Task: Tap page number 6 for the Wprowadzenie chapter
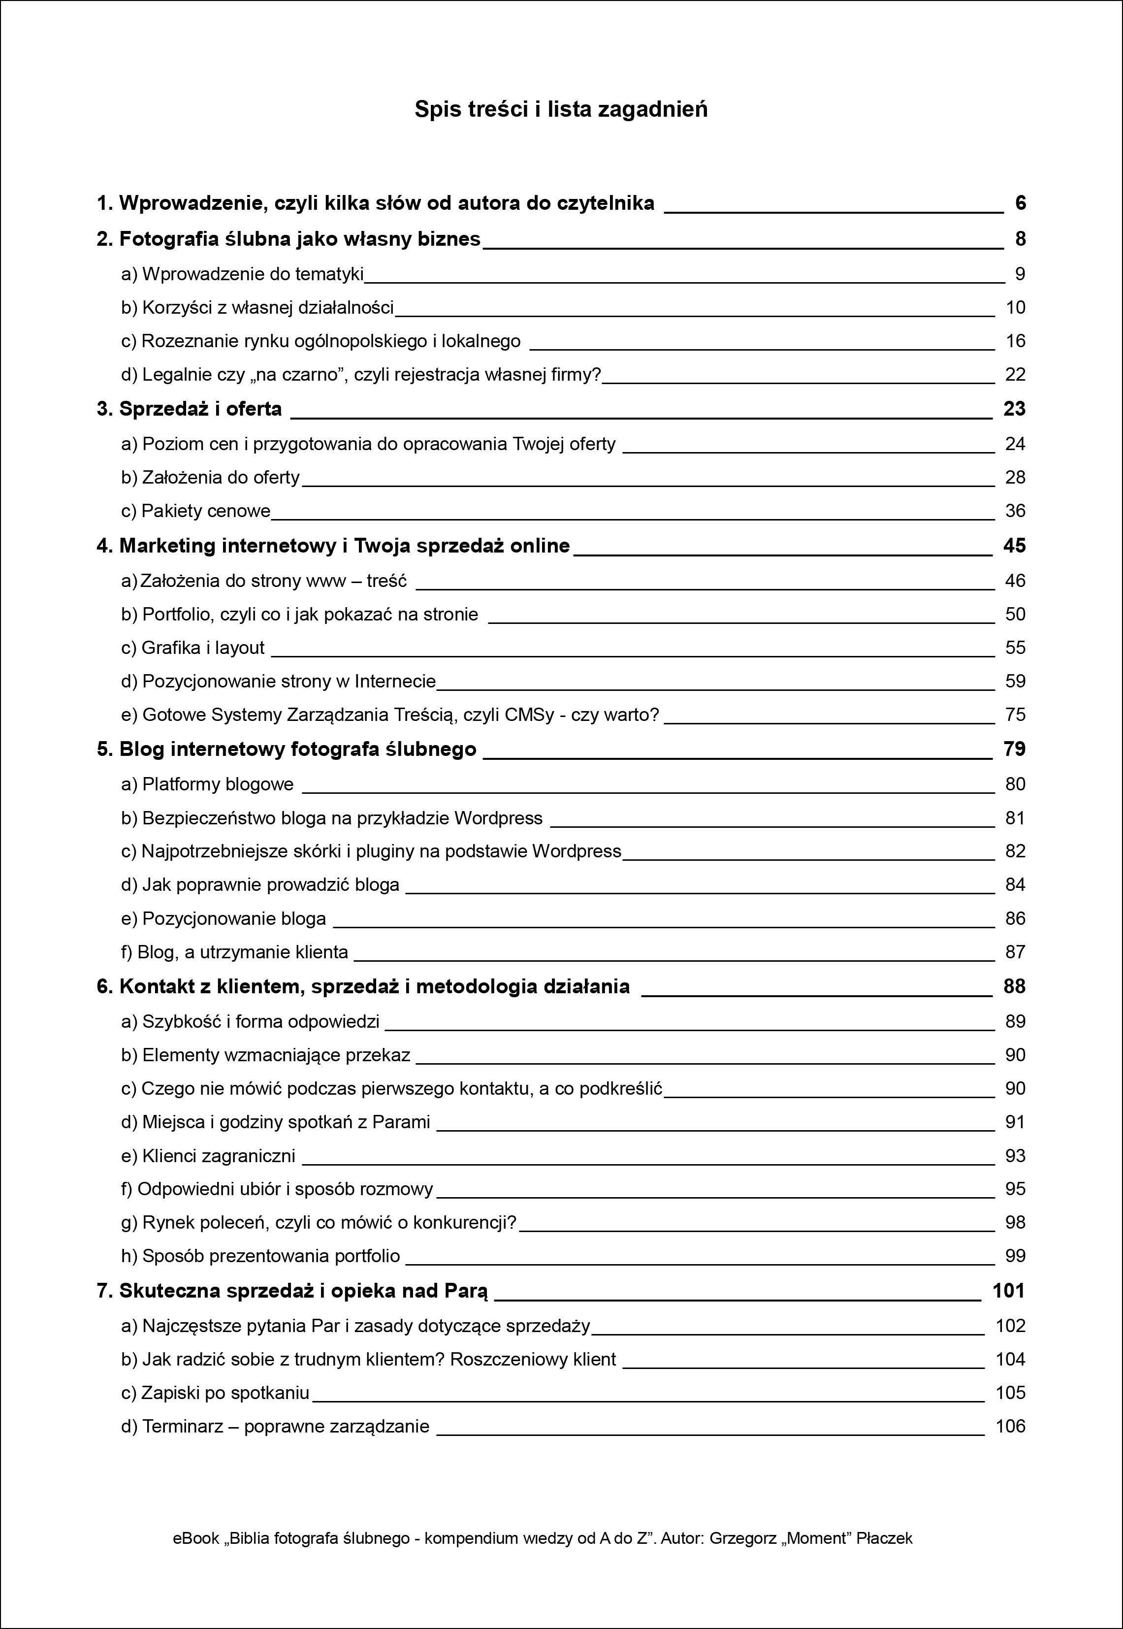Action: pos(1020,203)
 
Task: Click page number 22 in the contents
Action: pos(1015,374)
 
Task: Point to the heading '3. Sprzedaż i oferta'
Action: pos(189,409)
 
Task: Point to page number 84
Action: pos(1015,884)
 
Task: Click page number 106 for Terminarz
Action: pos(1010,1426)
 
